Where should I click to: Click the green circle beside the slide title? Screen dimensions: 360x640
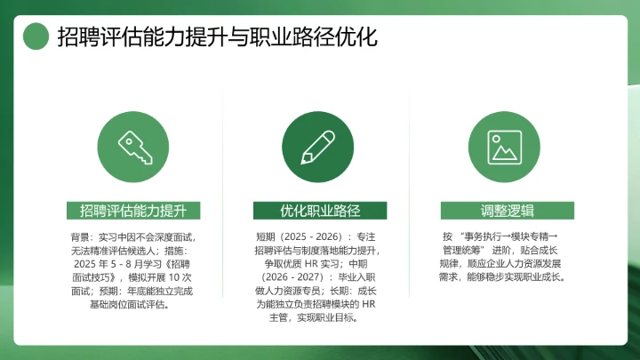(x=36, y=36)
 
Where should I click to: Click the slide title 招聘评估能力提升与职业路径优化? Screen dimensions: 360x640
(x=217, y=37)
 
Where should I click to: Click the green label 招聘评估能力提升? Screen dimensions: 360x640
(x=133, y=211)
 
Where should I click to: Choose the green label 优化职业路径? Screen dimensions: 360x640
(x=319, y=211)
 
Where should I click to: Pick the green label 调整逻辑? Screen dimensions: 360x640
(x=505, y=211)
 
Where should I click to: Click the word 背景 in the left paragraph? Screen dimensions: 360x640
(x=80, y=238)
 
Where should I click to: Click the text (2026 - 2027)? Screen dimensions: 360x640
(x=287, y=278)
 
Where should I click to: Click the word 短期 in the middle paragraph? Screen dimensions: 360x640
(x=266, y=238)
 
